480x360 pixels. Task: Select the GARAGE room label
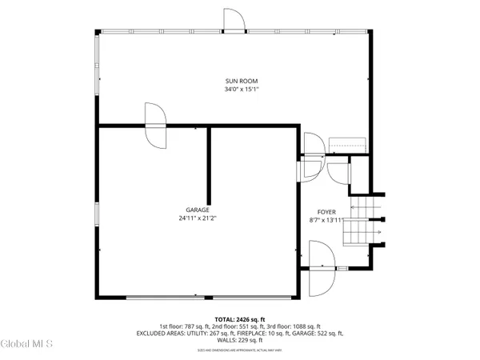click(x=198, y=210)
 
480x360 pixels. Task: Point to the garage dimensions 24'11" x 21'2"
click(x=198, y=218)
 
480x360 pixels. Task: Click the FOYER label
click(x=326, y=211)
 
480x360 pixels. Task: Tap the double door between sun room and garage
click(x=154, y=125)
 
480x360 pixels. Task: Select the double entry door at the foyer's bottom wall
click(x=322, y=269)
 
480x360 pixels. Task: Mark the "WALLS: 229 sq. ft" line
click(x=240, y=340)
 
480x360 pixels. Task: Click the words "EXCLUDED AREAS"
click(x=163, y=333)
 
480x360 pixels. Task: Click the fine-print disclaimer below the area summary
click(x=240, y=350)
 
